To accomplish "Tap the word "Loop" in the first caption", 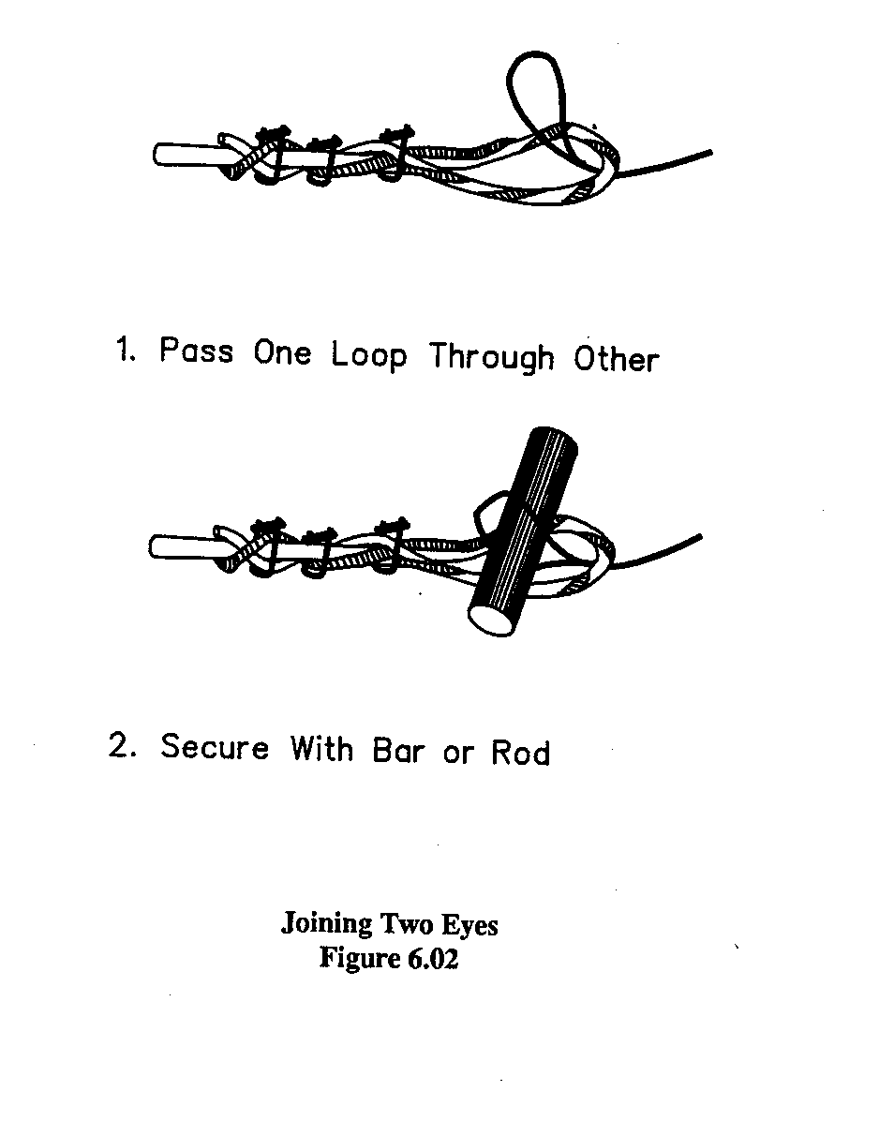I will (369, 356).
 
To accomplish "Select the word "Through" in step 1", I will (492, 358).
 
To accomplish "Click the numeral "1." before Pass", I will (126, 351).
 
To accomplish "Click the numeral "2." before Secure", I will (124, 747).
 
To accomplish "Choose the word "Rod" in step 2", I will (520, 753).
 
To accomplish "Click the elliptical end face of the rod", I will (493, 619).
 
